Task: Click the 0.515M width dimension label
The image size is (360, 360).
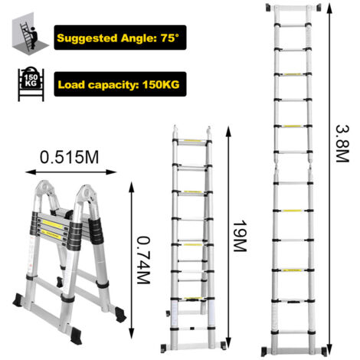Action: coord(69,157)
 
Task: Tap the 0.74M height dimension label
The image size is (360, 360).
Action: coord(143,260)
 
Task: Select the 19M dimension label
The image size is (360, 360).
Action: coord(240,236)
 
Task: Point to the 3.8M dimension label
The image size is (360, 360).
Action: coord(342,144)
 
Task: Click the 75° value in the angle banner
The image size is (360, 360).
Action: coord(170,38)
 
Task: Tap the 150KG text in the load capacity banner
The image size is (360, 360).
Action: coord(161,84)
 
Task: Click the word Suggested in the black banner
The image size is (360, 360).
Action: coord(87,38)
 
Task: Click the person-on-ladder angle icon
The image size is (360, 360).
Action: coord(29,33)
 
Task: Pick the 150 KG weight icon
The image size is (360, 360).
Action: coord(31,83)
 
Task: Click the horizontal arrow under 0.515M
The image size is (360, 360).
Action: coord(71,172)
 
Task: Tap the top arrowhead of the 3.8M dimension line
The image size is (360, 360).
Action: coord(329,8)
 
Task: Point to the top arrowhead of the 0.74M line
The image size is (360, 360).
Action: coord(132,187)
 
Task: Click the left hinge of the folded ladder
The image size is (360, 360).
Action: coord(45,190)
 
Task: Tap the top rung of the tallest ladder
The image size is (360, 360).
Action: coord(293,8)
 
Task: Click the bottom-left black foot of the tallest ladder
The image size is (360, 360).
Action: coord(266,352)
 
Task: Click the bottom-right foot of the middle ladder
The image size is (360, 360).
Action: coord(222,345)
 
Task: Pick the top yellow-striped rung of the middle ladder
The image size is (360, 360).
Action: coord(192,141)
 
